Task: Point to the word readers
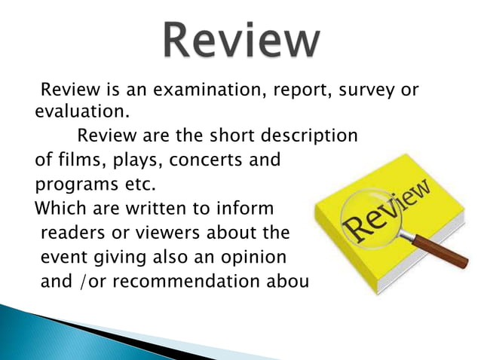71,230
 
